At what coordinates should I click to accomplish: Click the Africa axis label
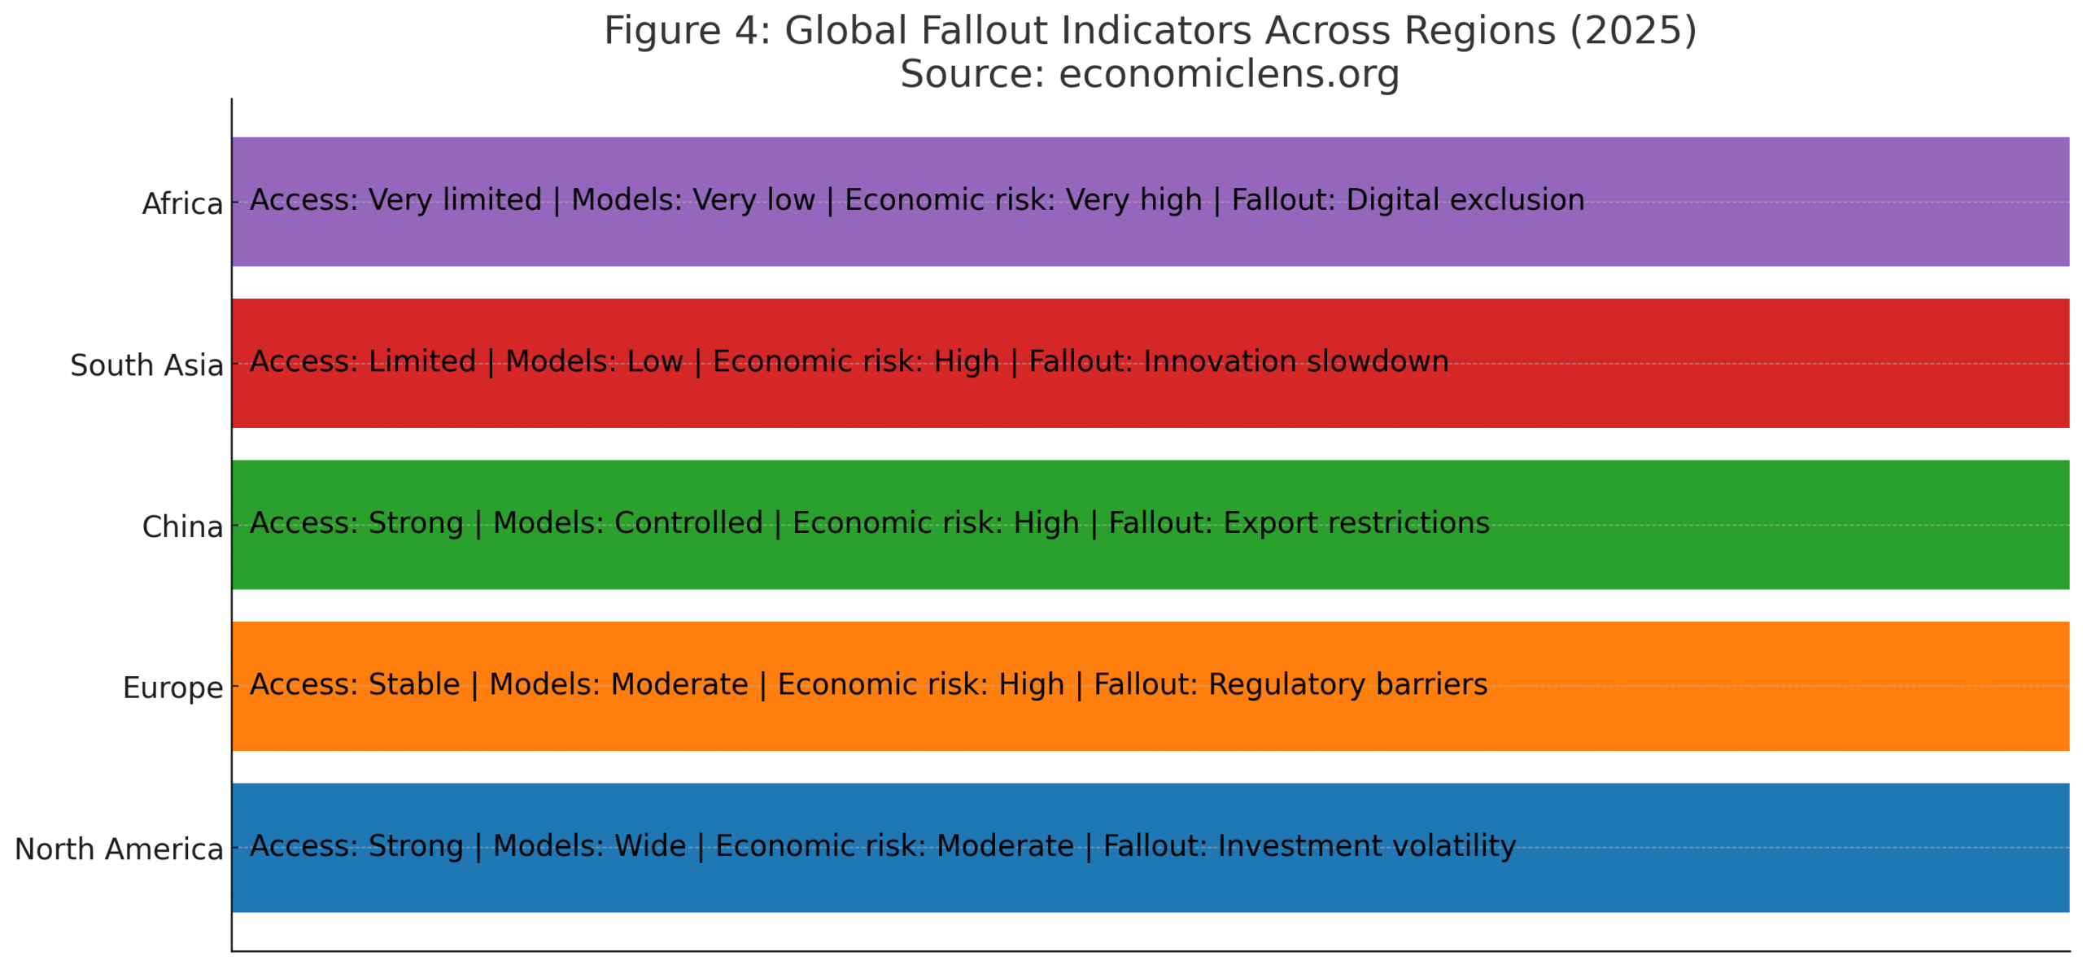point(181,203)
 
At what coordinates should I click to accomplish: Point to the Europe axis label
point(172,687)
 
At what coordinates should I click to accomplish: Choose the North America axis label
point(118,848)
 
